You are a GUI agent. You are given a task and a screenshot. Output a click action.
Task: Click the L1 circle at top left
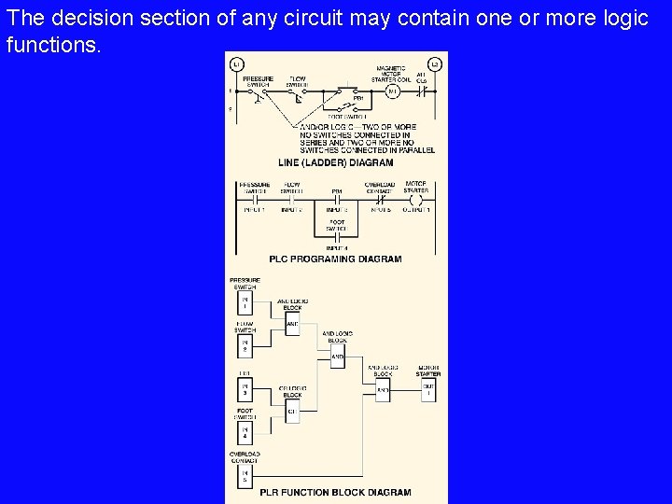click(236, 63)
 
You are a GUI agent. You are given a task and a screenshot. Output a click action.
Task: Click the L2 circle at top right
click(434, 63)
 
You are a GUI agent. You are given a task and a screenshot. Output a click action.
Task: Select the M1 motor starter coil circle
click(392, 91)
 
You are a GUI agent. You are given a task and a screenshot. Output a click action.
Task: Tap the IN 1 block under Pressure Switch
click(245, 303)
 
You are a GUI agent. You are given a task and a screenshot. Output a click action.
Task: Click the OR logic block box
click(291, 410)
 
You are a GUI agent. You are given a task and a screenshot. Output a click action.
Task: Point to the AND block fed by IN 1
click(291, 324)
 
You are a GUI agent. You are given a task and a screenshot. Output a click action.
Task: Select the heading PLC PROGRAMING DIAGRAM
click(335, 259)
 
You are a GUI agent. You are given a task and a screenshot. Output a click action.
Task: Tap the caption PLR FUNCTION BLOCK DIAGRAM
click(335, 492)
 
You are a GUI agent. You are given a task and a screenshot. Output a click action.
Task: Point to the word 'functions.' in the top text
click(52, 44)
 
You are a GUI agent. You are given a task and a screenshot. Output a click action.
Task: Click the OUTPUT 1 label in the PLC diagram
click(416, 210)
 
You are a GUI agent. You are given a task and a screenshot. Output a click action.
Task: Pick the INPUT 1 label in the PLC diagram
click(254, 210)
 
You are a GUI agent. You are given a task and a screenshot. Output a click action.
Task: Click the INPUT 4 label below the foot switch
click(336, 247)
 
